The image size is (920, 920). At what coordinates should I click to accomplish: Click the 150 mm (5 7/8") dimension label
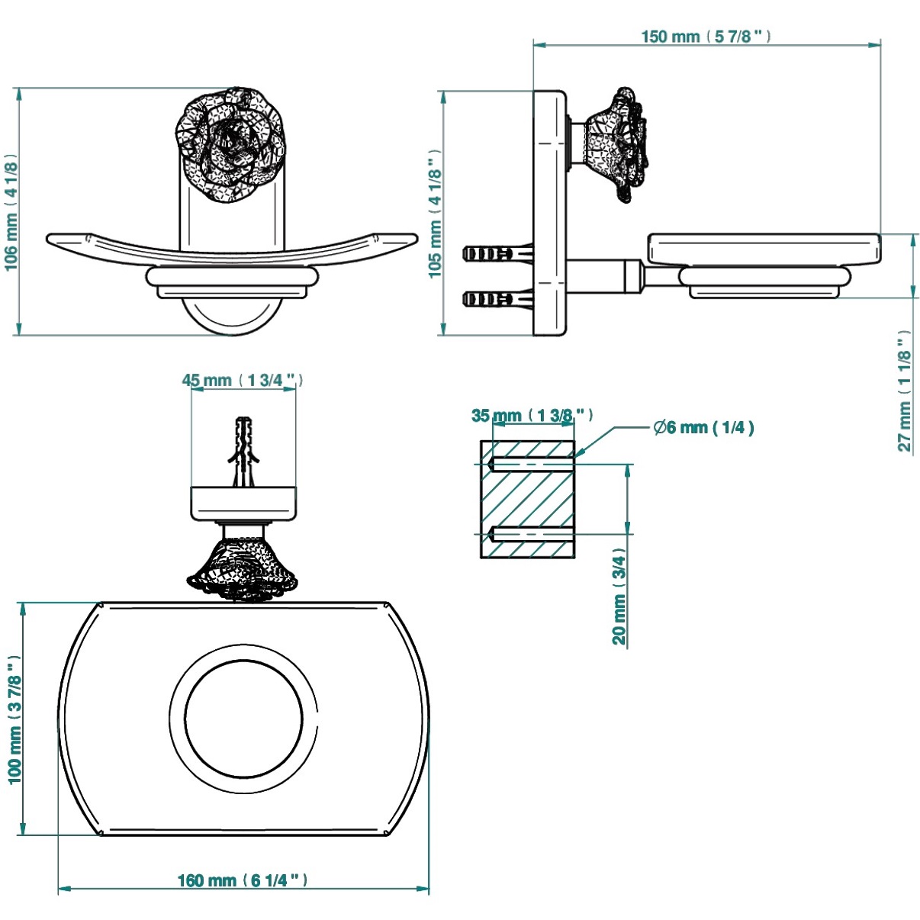[706, 37]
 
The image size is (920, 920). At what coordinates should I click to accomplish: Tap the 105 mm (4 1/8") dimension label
[435, 214]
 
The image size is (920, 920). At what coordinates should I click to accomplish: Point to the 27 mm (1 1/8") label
[905, 391]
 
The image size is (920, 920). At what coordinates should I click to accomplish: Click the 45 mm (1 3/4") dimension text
[243, 380]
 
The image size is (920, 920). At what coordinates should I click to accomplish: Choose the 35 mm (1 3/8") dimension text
[532, 416]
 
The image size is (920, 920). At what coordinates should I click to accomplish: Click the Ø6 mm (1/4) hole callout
[703, 427]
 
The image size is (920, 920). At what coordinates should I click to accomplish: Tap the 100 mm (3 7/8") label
[14, 719]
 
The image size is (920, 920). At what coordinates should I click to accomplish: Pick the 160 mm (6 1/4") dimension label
[243, 880]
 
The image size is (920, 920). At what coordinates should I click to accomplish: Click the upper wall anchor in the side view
[496, 253]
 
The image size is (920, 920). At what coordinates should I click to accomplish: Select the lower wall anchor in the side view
[496, 298]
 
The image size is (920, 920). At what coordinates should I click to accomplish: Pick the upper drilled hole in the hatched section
[530, 463]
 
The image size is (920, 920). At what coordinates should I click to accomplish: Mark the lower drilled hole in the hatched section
[530, 533]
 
